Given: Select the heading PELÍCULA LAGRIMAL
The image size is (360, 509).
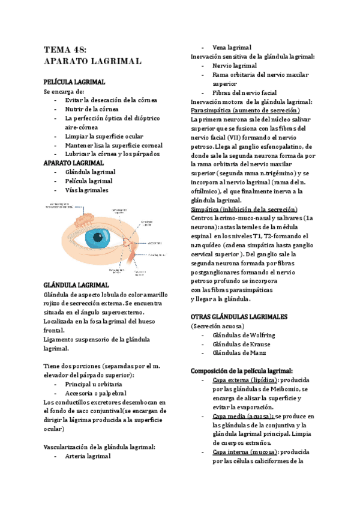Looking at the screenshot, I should [x=74, y=81].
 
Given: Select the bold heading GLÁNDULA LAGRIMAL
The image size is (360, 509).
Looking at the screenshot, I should [x=76, y=285].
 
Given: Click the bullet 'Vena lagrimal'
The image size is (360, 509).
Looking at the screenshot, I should [x=232, y=47].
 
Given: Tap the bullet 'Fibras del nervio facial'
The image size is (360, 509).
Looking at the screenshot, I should [x=245, y=93].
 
